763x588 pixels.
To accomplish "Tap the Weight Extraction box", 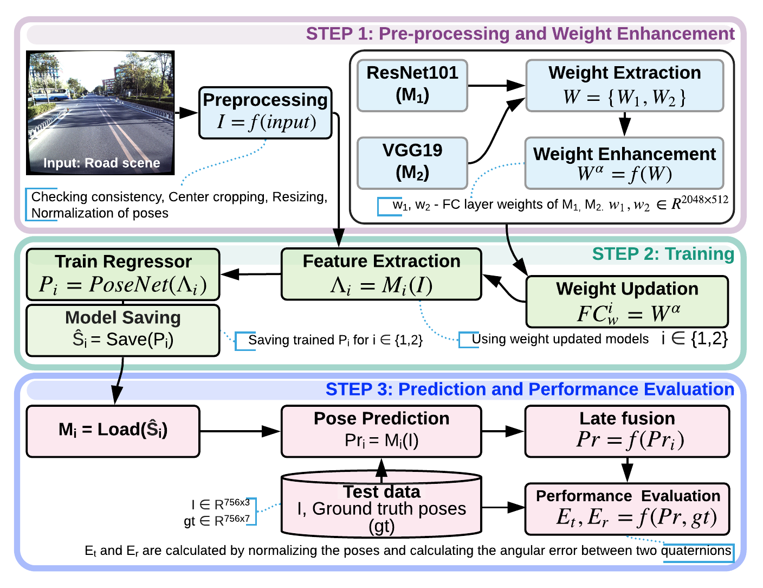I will [x=625, y=86].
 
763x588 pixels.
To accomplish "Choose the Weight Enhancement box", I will [x=624, y=163].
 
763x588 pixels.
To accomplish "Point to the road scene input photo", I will [x=101, y=108].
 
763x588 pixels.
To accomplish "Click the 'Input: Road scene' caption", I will [x=101, y=163].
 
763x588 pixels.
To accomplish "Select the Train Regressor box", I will [x=123, y=274].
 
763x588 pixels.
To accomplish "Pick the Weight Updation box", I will [x=627, y=302].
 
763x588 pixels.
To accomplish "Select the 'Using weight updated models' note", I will [x=560, y=340].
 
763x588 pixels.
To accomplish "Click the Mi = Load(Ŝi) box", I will [x=113, y=431].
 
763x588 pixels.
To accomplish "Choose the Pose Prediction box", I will [x=381, y=431].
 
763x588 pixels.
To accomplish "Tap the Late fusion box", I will [x=627, y=431].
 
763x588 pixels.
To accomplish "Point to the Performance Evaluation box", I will [x=627, y=508].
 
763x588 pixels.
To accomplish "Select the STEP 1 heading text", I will [x=520, y=34].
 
